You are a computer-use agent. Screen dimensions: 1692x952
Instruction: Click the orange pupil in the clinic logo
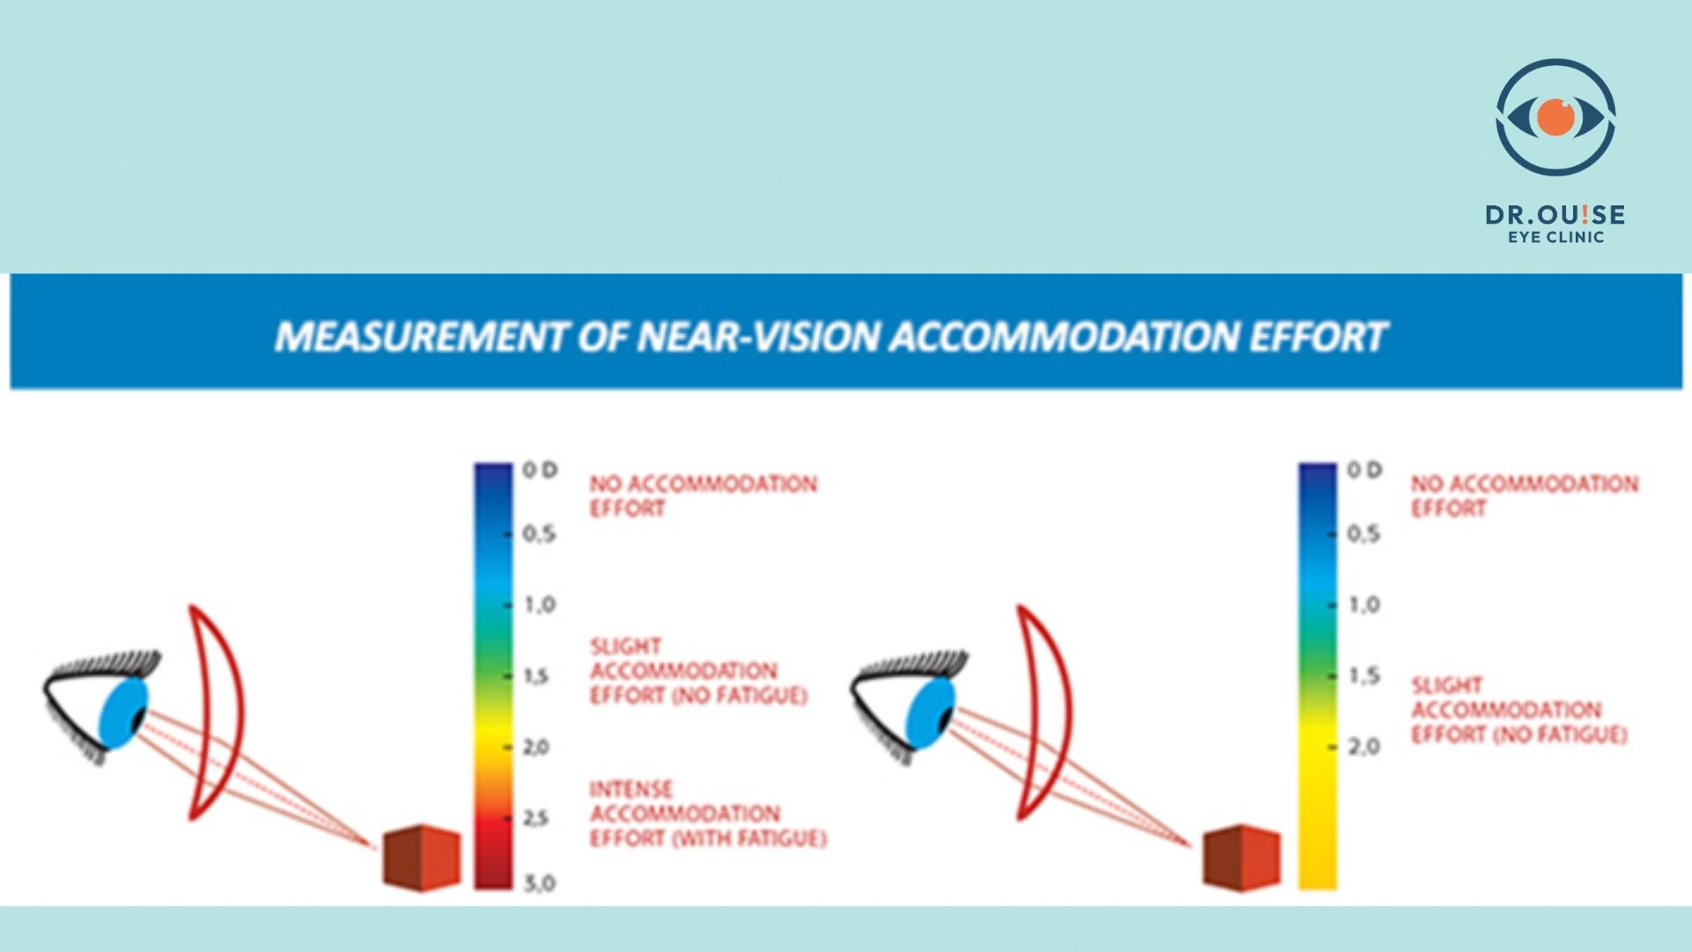point(1556,117)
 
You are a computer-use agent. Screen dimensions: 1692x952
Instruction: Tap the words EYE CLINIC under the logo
point(1555,237)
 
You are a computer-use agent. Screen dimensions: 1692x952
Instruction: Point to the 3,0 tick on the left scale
point(539,882)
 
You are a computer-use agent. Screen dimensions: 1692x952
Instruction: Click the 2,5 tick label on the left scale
point(536,818)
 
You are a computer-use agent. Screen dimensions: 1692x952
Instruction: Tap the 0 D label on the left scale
point(540,470)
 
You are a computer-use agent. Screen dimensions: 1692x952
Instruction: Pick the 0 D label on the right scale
point(1364,470)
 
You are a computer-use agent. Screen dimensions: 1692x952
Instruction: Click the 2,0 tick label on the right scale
point(1363,747)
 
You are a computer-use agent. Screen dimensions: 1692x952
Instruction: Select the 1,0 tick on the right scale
point(1363,605)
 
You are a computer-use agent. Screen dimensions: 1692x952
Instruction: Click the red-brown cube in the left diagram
point(421,858)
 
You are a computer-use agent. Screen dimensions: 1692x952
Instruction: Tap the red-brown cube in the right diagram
point(1242,858)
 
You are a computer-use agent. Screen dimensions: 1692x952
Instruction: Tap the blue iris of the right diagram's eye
point(930,713)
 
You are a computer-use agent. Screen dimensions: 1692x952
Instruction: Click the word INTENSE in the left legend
point(631,789)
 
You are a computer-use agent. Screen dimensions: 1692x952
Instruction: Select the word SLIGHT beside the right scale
point(1447,685)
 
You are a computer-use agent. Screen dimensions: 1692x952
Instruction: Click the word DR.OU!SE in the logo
point(1555,215)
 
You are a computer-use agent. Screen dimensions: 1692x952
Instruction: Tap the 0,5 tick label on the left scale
point(539,533)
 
